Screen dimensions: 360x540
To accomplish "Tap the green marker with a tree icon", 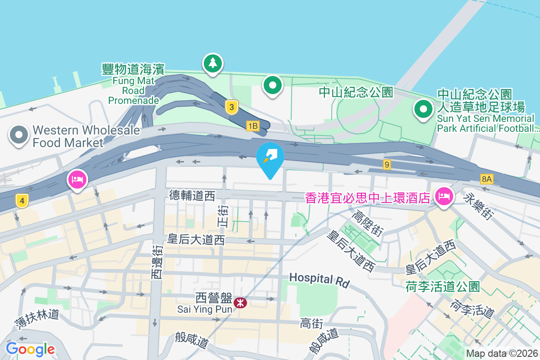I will pos(212,63).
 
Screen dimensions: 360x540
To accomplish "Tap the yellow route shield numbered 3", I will pos(231,107).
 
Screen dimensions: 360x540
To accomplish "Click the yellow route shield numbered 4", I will pos(21,201).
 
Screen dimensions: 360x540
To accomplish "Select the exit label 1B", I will pos(252,126).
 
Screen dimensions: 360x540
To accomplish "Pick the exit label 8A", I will pos(486,179).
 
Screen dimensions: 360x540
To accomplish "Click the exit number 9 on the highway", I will pos(387,165).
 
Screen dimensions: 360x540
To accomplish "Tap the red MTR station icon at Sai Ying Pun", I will pos(241,303).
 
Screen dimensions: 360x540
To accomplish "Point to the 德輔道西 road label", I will pos(192,195).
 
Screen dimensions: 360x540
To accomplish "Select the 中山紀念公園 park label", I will pos(356,92).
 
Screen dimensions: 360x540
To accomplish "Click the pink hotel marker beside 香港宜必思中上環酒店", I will pos(444,196).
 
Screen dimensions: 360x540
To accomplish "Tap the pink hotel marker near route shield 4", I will pos(77,180).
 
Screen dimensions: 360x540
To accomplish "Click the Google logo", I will pos(31,349).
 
